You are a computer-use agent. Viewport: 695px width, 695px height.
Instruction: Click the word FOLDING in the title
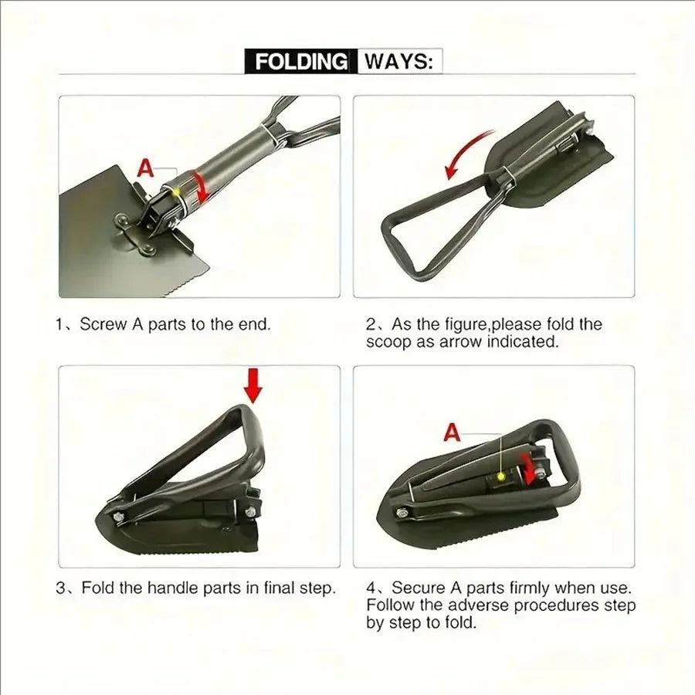301,62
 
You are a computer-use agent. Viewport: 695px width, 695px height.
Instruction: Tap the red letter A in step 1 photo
146,168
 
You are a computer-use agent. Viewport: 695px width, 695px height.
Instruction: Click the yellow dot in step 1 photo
177,191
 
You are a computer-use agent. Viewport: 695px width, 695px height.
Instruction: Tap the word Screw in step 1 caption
103,324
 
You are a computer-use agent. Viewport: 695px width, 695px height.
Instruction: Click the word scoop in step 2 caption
389,342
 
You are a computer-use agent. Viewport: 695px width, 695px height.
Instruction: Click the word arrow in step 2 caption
459,342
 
